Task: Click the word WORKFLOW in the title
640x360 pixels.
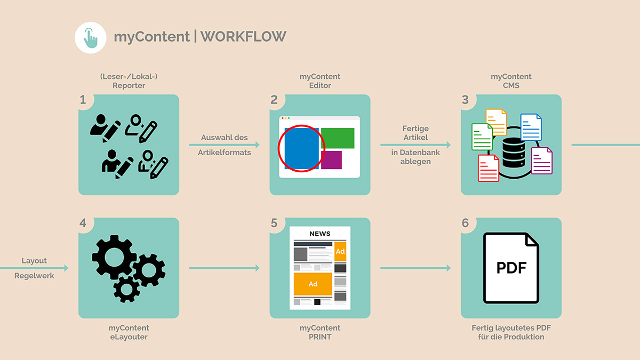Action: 244,36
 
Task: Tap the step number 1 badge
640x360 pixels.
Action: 83,100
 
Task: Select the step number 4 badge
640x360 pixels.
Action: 83,223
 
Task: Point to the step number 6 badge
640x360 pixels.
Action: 466,223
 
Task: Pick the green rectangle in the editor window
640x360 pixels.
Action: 338,138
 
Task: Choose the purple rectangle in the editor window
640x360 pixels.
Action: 331,160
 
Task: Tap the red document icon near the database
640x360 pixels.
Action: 488,168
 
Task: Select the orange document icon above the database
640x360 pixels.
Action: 496,122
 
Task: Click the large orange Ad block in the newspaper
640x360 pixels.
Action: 313,284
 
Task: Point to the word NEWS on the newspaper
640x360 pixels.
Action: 320,234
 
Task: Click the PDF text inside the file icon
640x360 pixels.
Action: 511,267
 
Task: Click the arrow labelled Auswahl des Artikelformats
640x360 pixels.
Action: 224,145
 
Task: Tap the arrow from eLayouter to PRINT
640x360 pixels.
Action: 224,268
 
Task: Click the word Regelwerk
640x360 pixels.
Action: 34,276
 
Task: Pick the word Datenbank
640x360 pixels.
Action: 415,153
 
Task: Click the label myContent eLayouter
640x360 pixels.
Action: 129,332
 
